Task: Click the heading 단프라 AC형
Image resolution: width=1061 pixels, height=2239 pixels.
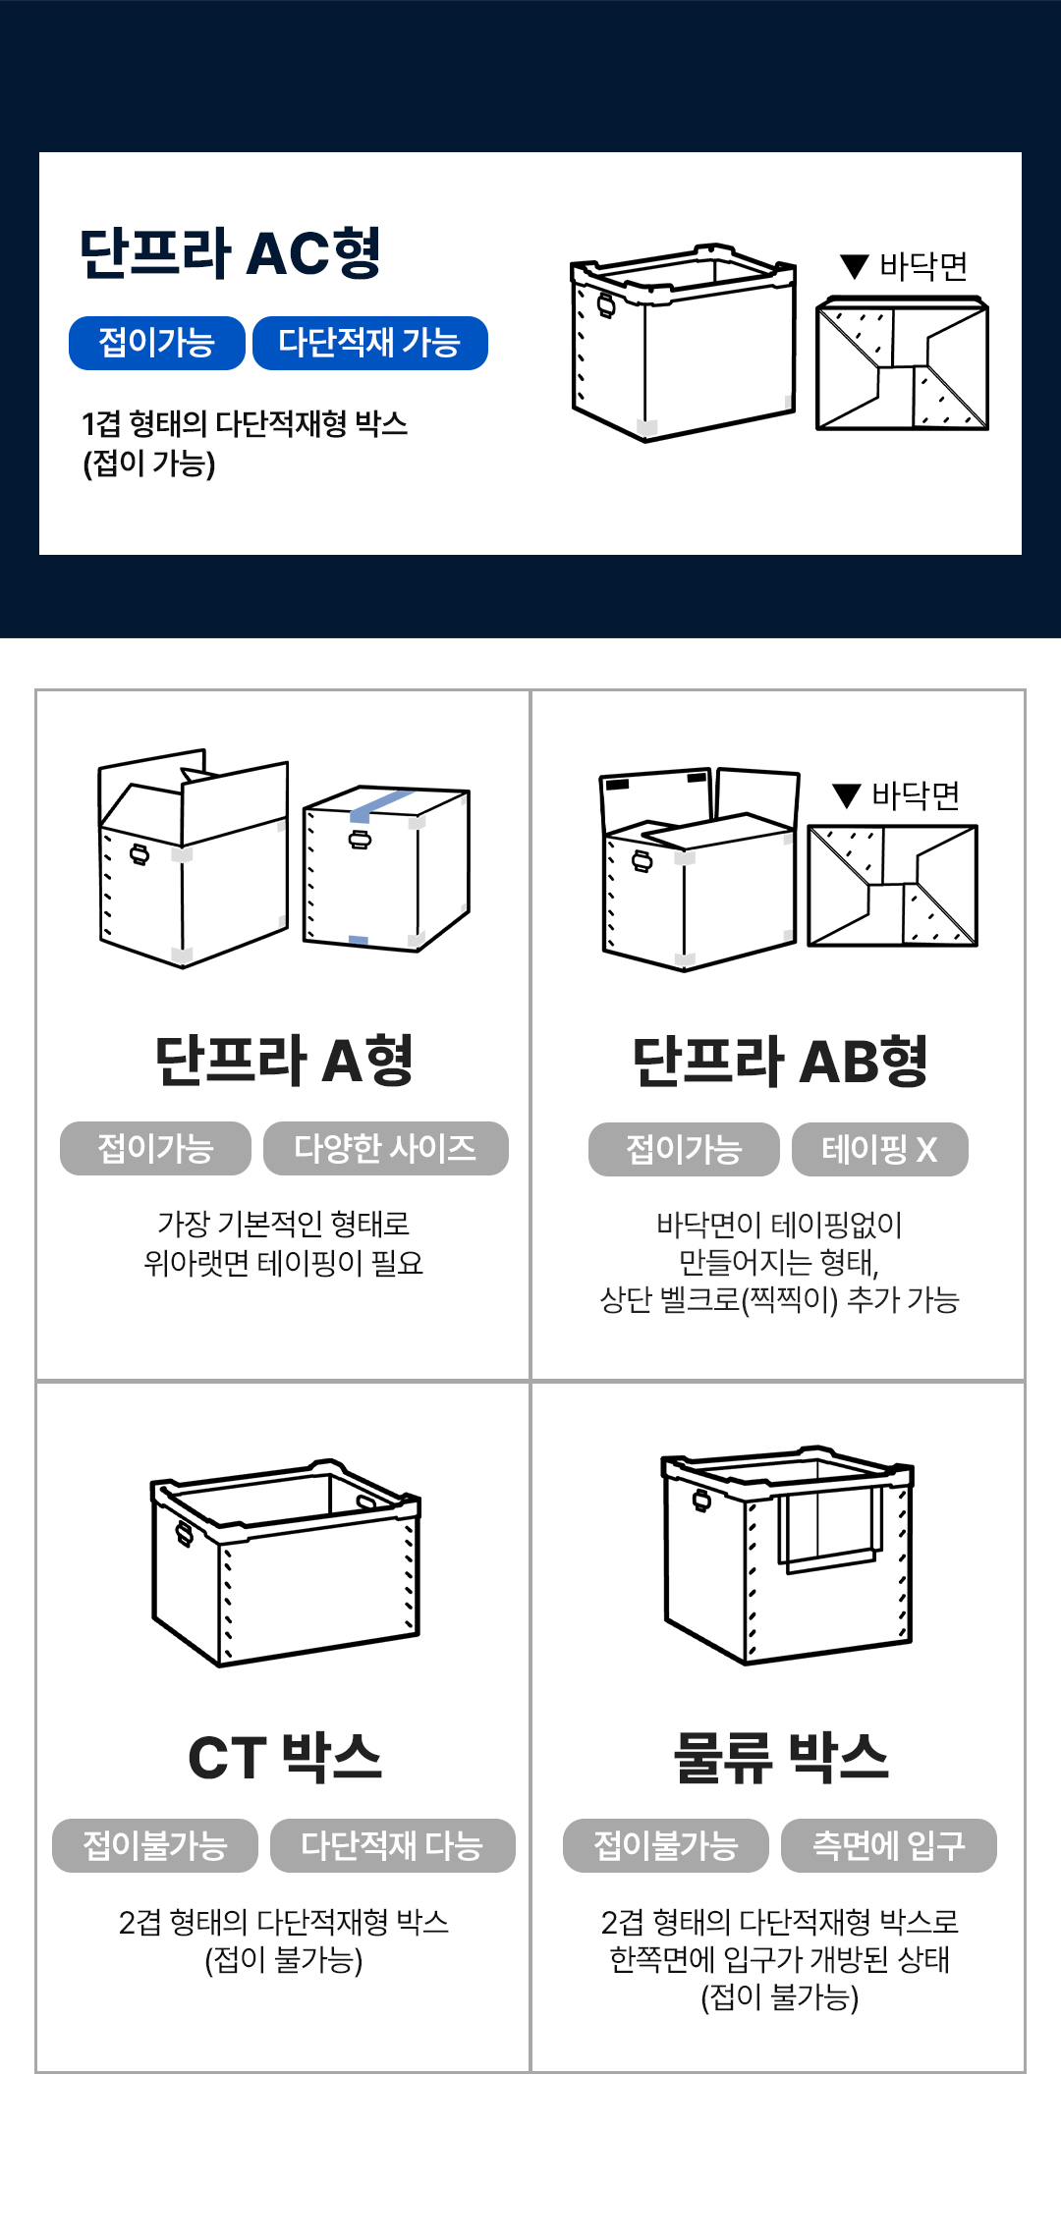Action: coord(230,253)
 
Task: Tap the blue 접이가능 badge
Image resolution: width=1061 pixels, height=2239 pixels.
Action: coord(157,343)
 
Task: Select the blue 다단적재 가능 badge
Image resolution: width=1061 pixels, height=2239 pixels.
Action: coord(370,343)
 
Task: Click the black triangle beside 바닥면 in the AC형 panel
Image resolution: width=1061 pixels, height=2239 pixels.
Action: coord(855,266)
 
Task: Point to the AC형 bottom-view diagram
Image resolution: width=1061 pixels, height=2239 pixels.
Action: coord(902,363)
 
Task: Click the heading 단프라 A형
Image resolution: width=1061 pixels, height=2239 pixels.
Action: coord(284,1061)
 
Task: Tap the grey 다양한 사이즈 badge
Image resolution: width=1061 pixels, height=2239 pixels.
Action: coord(386,1148)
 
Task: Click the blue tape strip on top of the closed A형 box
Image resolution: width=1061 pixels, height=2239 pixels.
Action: coord(381,805)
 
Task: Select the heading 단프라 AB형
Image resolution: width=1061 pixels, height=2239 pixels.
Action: coord(780,1062)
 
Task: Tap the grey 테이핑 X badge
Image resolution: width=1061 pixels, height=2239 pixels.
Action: coord(880,1149)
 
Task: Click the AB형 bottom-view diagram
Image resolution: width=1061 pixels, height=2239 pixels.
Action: coord(892,886)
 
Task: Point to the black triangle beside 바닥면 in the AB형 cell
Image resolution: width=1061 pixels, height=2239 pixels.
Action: coord(847,795)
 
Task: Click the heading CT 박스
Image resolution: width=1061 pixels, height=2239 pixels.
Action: coord(285,1757)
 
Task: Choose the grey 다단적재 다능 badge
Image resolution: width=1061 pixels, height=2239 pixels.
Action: coord(393,1846)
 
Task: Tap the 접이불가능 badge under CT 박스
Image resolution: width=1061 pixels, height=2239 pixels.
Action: coord(155,1846)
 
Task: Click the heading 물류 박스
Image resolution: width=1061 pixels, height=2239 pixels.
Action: coord(781,1757)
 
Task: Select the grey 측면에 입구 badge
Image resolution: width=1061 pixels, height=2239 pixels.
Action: coord(889,1846)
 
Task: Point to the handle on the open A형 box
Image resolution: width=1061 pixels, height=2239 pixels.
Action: coord(140,854)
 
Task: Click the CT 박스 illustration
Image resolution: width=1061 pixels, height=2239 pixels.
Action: coord(286,1563)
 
